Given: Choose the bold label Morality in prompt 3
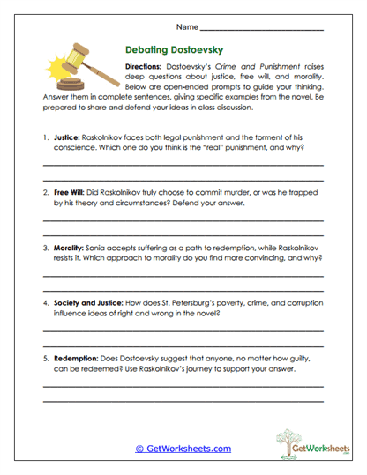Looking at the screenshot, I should [x=70, y=249].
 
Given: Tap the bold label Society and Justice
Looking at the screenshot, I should [x=92, y=301].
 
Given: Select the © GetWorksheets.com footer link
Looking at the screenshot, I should [x=183, y=449].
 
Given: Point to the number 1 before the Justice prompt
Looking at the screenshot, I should [x=44, y=138].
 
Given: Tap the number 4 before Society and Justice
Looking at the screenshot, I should [x=44, y=301].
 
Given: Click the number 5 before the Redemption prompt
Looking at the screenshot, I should [x=44, y=359].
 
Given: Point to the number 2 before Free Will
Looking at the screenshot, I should [x=44, y=189].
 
